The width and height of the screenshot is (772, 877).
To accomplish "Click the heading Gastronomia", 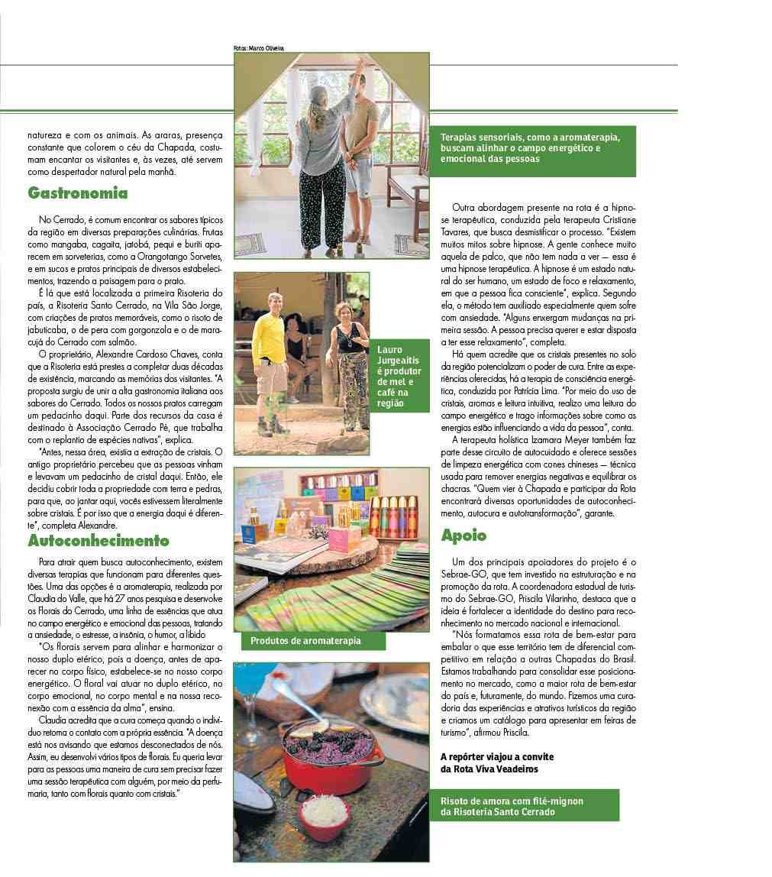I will click(78, 193).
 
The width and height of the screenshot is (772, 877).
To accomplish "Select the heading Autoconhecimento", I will click(99, 541).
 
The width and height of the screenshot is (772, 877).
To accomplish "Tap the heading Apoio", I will click(464, 536).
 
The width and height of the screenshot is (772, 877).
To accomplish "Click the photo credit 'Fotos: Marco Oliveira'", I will click(259, 48).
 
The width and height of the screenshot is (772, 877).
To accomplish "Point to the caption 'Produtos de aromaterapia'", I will click(305, 641).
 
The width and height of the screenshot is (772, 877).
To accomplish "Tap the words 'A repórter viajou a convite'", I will click(496, 756).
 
